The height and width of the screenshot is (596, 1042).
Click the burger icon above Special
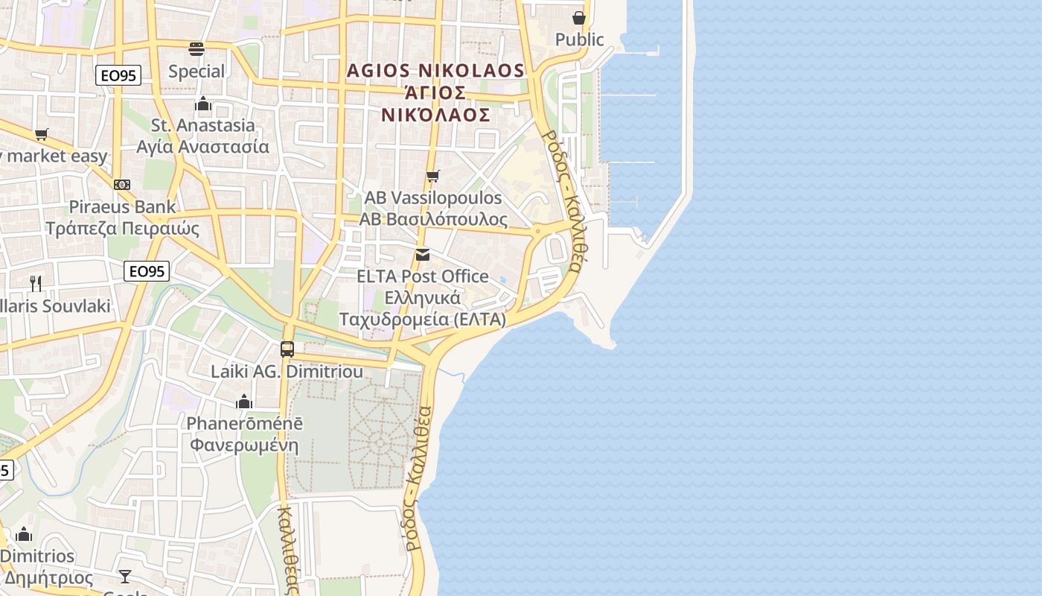[x=196, y=49]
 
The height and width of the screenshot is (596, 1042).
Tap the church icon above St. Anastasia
[x=203, y=104]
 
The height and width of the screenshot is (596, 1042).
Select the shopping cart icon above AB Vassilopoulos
[x=432, y=177]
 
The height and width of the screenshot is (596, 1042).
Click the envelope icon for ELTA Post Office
[x=423, y=255]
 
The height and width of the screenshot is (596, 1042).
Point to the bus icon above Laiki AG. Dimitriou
[x=287, y=349]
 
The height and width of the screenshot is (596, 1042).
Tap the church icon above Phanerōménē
[x=244, y=402]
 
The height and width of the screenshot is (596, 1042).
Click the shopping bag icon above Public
[x=579, y=18]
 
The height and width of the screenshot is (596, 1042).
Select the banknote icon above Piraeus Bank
[x=122, y=185]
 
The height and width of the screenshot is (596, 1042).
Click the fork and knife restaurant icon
[x=35, y=283]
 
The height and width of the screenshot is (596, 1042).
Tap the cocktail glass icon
[x=125, y=576]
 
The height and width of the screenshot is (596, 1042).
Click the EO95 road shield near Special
[x=118, y=74]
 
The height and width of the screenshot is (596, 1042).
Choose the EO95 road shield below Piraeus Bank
[x=147, y=271]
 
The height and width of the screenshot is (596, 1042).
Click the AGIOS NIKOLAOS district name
[x=436, y=71]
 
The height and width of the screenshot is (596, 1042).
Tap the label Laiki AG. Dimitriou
[x=287, y=371]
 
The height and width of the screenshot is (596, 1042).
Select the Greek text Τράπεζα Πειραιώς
[x=123, y=228]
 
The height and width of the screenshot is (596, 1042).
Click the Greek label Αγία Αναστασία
[x=202, y=146]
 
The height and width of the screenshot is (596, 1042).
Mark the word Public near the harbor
[x=580, y=39]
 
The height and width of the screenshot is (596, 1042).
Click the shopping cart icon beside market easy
[x=42, y=135]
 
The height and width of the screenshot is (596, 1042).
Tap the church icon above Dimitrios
[x=24, y=534]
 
